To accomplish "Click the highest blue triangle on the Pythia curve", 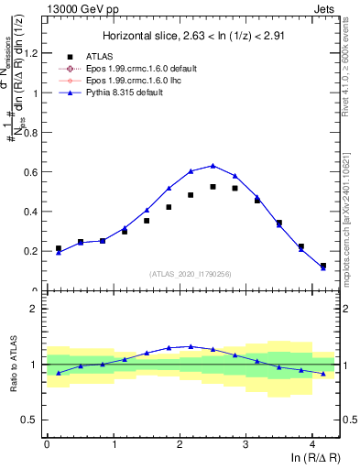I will (213, 166).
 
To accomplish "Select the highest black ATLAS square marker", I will (213, 186).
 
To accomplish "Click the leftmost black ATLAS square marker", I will (59, 248).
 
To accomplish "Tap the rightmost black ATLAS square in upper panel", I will (322, 266).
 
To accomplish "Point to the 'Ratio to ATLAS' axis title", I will (12, 365).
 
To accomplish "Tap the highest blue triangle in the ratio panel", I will (191, 346).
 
